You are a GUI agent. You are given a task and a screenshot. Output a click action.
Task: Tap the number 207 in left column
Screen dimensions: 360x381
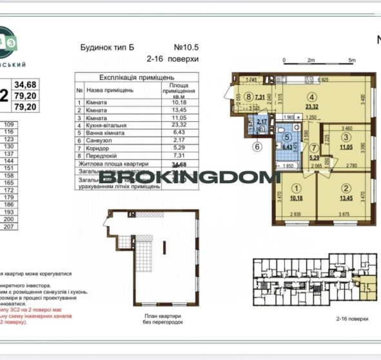(9, 227)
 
